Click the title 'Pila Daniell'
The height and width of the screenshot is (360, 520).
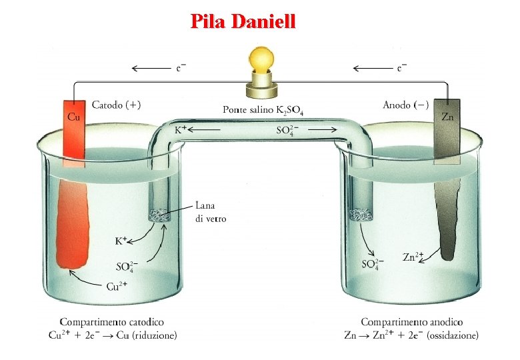pos(243,21)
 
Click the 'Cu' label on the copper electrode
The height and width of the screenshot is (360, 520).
pos(75,117)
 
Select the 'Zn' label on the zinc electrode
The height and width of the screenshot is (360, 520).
pos(447,116)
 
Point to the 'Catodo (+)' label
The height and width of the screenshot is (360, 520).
pos(116,105)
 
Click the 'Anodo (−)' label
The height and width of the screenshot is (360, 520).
pos(405,105)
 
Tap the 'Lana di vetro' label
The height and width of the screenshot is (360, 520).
pos(211,212)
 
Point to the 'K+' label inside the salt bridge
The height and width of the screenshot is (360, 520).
pos(181,130)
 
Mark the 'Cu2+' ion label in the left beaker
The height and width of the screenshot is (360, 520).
pos(118,287)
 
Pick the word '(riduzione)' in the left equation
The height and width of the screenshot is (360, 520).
pos(154,336)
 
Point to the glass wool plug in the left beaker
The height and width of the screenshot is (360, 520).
pos(159,215)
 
